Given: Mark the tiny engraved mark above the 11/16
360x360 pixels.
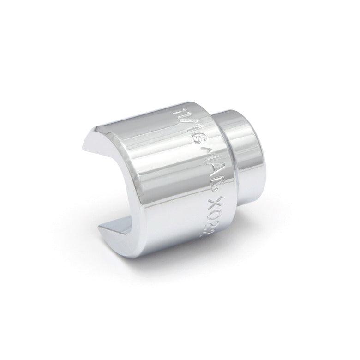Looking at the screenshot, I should [177, 112].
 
